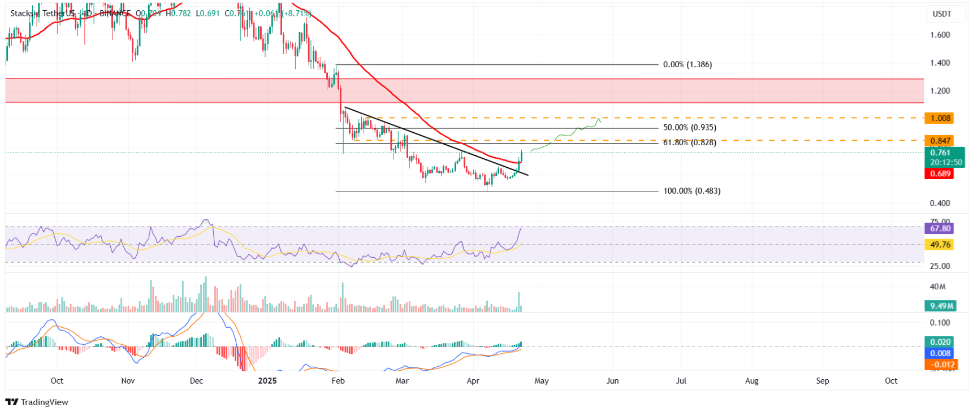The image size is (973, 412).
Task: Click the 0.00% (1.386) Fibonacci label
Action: [x=687, y=64]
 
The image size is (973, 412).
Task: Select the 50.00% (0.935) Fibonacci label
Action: [x=689, y=128]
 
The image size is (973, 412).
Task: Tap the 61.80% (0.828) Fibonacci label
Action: [x=689, y=142]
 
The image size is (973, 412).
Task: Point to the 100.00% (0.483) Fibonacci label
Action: [x=691, y=191]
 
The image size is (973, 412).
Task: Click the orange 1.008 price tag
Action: [x=940, y=118]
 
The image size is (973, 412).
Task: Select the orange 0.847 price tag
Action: [x=940, y=141]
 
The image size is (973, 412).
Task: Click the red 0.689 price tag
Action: [x=940, y=174]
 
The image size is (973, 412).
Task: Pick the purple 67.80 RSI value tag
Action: [x=940, y=228]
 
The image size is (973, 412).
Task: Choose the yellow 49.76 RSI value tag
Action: [x=940, y=245]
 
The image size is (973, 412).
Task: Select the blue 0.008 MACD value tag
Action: [x=940, y=353]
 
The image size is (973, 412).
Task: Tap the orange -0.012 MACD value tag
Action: [x=940, y=365]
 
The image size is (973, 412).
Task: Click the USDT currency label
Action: [x=942, y=14]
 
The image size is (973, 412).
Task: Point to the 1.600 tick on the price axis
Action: [x=940, y=35]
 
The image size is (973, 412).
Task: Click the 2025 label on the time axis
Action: [x=267, y=381]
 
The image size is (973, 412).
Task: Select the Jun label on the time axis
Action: [x=612, y=381]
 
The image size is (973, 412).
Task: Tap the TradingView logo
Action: [x=37, y=402]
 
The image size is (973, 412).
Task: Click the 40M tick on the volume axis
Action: [x=937, y=287]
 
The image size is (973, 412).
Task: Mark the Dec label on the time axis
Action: [x=196, y=381]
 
